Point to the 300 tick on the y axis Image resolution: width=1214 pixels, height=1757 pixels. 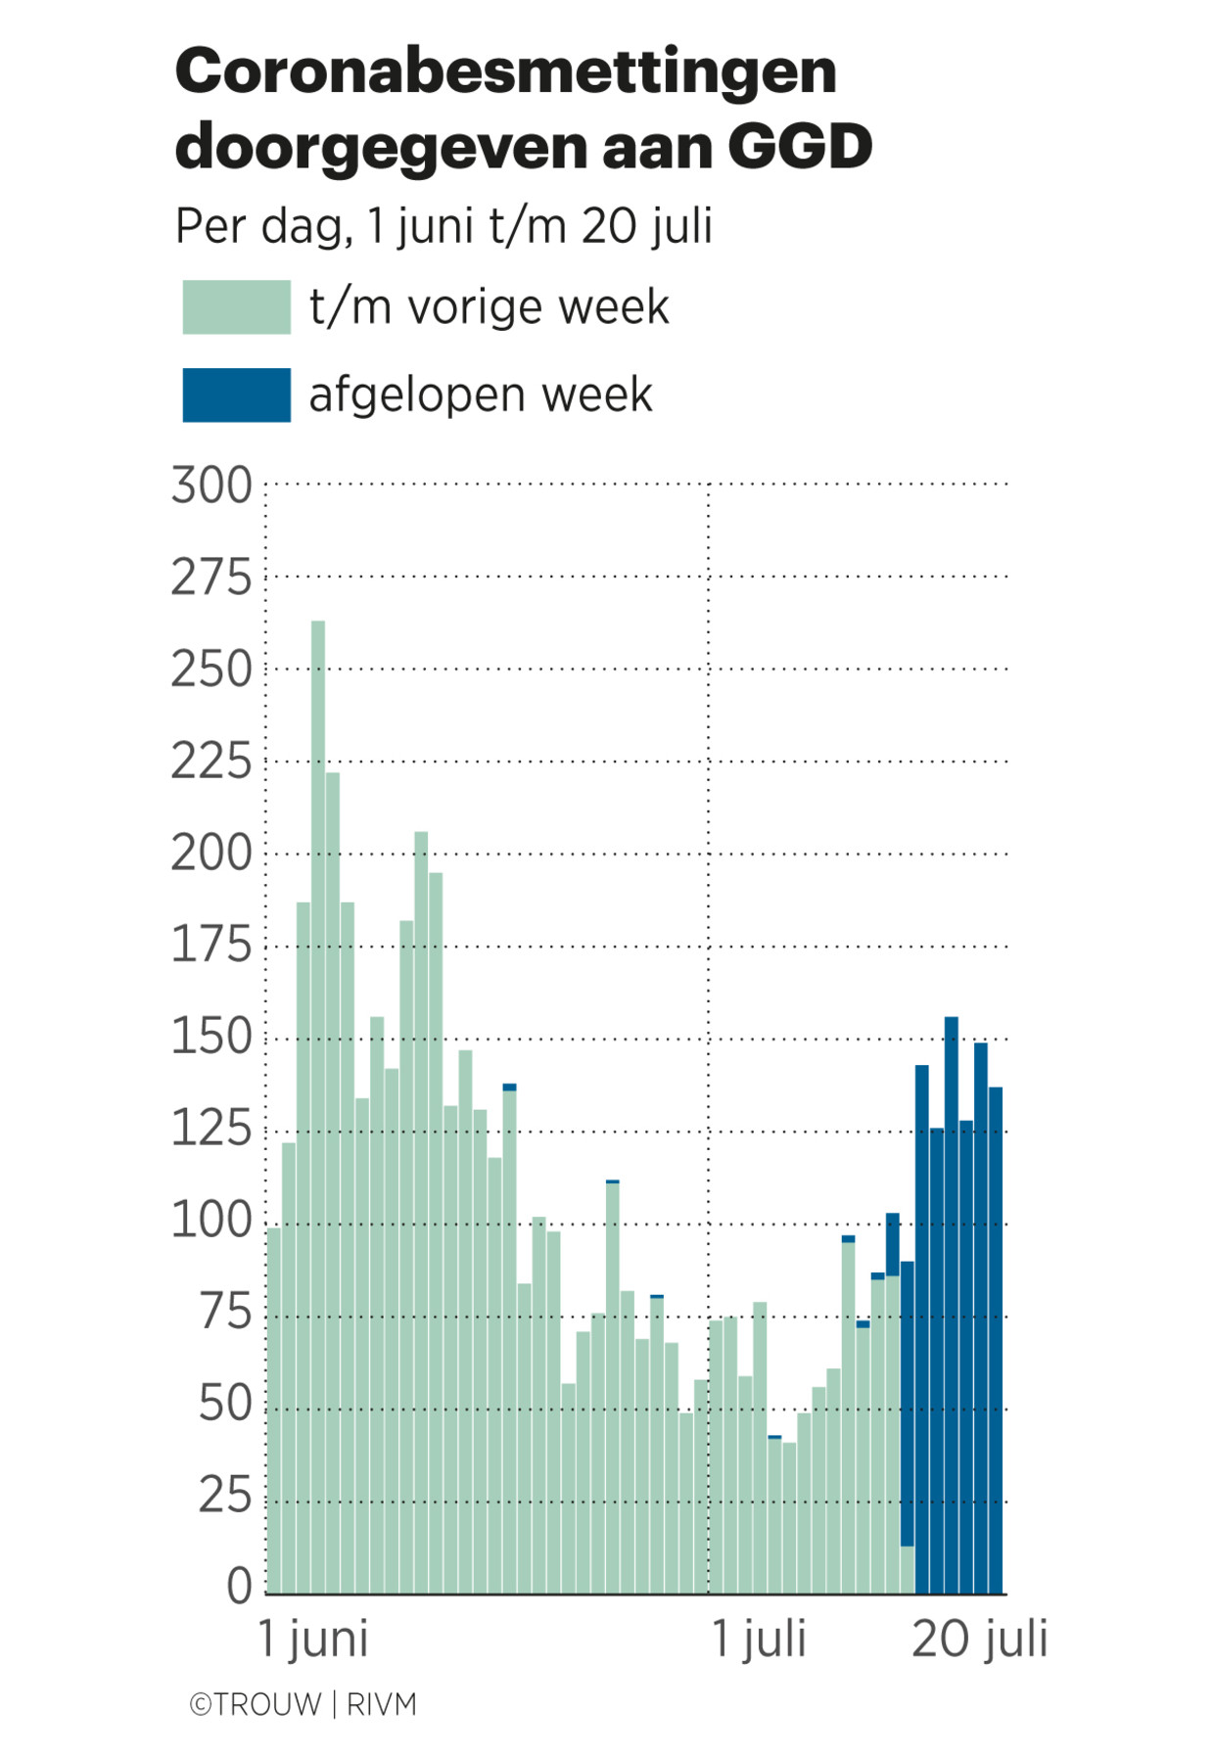(211, 485)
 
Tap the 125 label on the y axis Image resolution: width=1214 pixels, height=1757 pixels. (211, 1130)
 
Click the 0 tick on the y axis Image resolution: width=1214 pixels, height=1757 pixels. (239, 1586)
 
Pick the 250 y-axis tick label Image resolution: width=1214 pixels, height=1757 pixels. (211, 670)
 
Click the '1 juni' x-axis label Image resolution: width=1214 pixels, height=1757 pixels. (312, 1639)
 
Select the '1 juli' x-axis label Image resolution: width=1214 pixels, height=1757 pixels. (758, 1639)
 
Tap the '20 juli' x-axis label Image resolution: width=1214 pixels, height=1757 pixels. (979, 1639)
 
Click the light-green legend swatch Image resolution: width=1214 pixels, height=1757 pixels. (236, 307)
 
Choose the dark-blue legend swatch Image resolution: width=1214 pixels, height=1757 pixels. (236, 394)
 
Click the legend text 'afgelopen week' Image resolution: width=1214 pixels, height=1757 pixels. (480, 395)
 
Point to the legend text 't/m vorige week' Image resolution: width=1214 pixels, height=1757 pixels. (489, 307)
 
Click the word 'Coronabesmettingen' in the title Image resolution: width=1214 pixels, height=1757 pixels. (505, 72)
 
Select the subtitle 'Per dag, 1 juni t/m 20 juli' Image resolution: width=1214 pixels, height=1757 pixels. (443, 226)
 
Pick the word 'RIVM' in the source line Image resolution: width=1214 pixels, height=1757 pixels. (382, 1704)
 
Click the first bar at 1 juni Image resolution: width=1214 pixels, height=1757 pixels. (274, 1410)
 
